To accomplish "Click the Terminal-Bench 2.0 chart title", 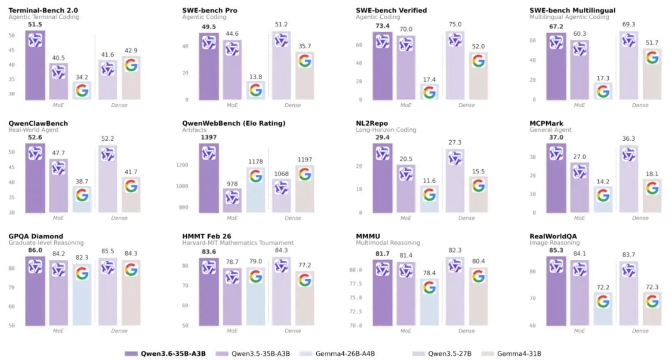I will tap(43, 10).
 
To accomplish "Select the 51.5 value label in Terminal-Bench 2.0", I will tap(35, 25).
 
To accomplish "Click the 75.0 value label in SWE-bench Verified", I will tap(455, 25).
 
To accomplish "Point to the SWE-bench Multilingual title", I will tap(572, 10).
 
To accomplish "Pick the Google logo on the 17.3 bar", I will tap(603, 91).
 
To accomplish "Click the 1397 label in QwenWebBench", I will tap(209, 138).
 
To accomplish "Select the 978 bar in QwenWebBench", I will tap(232, 201).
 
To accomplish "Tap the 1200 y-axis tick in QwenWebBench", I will tap(182, 165).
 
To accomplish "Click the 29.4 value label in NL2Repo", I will tap(382, 138).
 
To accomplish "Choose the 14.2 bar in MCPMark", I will tap(603, 199).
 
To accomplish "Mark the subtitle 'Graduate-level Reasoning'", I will tap(46, 243).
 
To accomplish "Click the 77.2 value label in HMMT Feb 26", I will tap(304, 265).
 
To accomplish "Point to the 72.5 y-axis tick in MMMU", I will tap(356, 311).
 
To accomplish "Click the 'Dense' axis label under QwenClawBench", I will tap(119, 218).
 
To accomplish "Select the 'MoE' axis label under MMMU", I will tap(405, 331).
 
